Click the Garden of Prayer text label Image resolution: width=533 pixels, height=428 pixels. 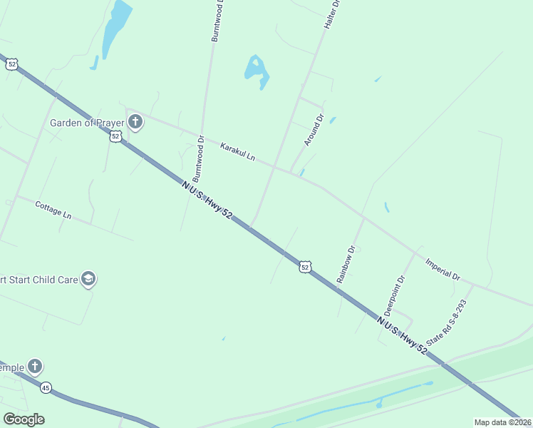tap(87, 123)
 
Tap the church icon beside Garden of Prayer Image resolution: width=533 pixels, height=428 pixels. tap(135, 123)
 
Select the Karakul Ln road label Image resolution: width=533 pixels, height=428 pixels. tap(237, 151)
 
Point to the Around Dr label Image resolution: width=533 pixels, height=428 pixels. tap(314, 130)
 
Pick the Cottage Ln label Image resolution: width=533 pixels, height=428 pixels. tap(53, 209)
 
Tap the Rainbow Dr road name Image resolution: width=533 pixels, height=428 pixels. tap(346, 265)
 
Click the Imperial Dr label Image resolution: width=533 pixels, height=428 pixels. tap(443, 268)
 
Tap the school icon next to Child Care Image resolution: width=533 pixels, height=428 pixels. tap(89, 279)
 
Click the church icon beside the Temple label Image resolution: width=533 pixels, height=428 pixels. tap(34, 367)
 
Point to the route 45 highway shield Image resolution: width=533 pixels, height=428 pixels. tap(46, 387)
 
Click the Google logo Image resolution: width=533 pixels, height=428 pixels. tap(24, 419)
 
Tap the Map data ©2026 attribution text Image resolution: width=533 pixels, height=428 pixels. tap(503, 422)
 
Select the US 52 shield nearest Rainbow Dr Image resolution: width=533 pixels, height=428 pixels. tap(305, 266)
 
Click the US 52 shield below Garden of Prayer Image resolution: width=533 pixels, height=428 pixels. tap(115, 136)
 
